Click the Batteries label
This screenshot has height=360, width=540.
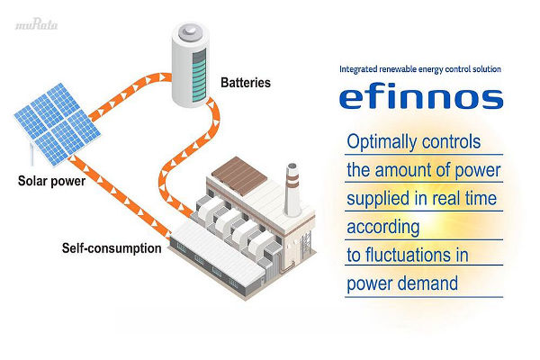(x=246, y=83)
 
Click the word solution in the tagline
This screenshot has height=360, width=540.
(x=483, y=68)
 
